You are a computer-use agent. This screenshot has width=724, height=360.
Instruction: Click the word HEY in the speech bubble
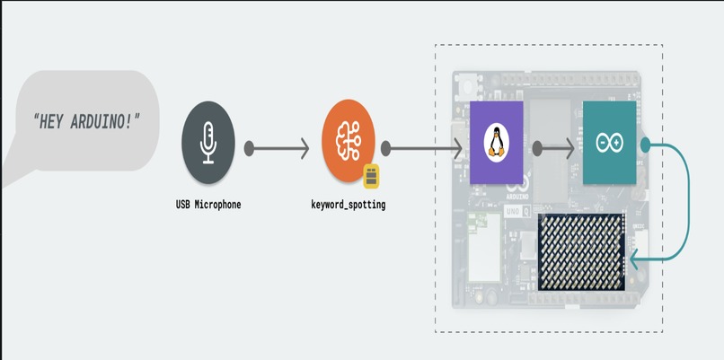(51, 121)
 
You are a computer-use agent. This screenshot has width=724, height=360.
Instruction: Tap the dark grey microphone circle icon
(208, 143)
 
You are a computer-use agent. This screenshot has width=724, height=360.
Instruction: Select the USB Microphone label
(208, 205)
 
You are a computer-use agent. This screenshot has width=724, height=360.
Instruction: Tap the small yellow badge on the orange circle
(371, 176)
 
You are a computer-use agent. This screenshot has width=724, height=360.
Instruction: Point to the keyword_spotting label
(349, 205)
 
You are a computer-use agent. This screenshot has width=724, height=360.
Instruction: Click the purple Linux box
(497, 143)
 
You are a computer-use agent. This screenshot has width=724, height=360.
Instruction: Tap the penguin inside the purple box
(497, 143)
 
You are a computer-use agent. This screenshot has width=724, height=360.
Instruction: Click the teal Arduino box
(610, 143)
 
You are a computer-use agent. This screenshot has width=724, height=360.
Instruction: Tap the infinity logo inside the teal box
(610, 143)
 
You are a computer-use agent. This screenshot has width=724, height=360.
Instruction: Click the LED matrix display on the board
(581, 252)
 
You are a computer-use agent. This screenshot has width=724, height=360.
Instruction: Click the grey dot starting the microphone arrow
(249, 149)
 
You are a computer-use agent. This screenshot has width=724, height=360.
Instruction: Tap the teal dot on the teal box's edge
(646, 145)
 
